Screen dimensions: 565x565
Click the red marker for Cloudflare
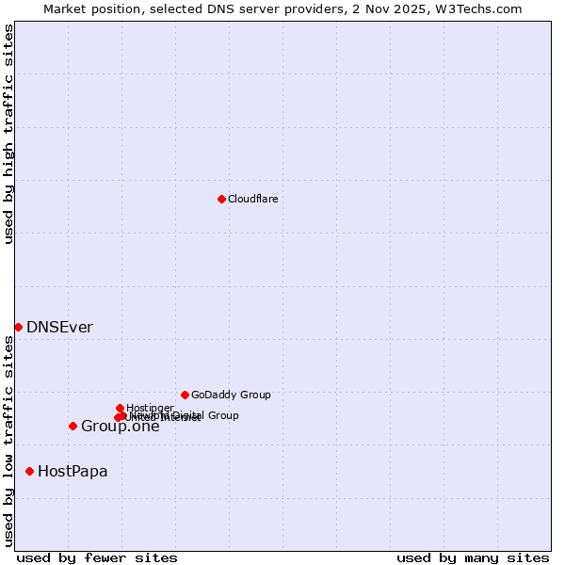point(221,199)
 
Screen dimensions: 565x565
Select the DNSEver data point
point(18,327)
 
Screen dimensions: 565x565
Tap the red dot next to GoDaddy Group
point(185,395)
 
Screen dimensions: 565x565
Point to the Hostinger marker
point(120,408)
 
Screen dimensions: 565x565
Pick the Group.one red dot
point(73,426)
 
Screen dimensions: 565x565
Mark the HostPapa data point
point(29,471)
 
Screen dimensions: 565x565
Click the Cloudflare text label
point(252,199)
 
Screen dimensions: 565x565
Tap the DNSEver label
point(59,328)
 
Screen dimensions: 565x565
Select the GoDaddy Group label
point(231,395)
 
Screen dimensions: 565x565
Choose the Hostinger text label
point(150,408)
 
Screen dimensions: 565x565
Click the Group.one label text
point(120,427)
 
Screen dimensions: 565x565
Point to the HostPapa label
point(73,472)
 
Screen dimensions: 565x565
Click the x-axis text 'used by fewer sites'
point(97,557)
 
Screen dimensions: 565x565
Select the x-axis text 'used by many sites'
point(473,557)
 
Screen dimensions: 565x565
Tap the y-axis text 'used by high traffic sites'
point(8,134)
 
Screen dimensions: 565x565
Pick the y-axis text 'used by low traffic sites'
point(8,441)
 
